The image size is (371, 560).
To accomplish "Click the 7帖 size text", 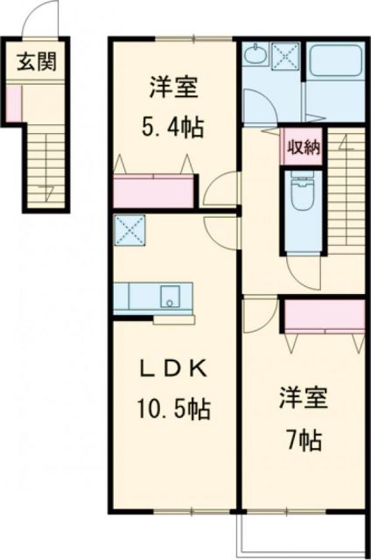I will (x=304, y=435).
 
